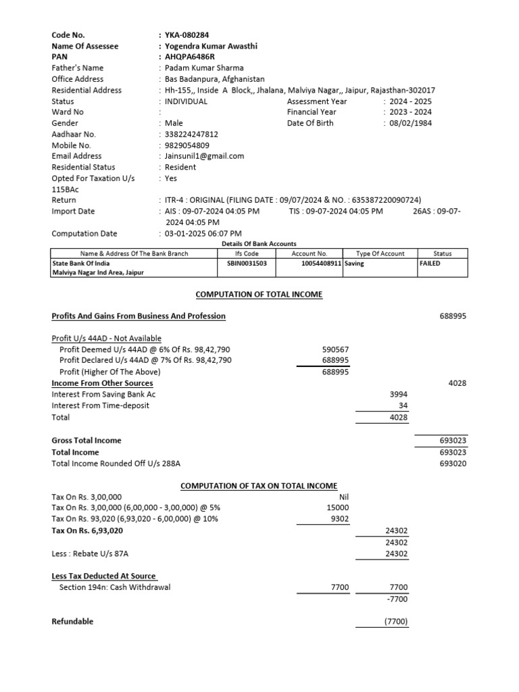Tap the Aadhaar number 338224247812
click(192, 134)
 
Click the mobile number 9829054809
click(187, 145)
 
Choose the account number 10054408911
click(322, 264)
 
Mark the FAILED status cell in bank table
click(429, 264)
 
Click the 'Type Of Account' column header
click(380, 253)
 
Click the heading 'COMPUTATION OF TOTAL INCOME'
click(259, 295)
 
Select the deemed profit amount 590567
click(335, 349)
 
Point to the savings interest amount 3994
click(399, 394)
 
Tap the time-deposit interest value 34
click(403, 405)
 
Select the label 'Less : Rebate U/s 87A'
click(89, 553)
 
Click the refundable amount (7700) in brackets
click(396, 622)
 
